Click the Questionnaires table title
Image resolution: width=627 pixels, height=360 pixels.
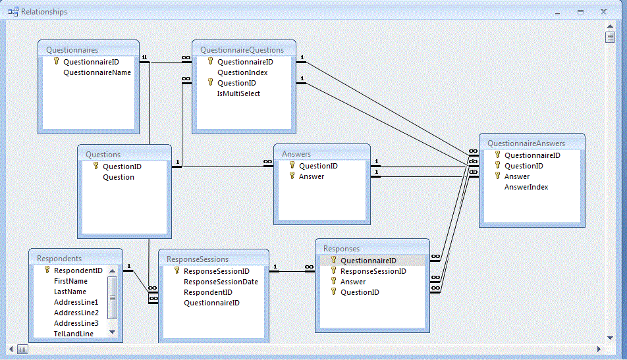point(72,49)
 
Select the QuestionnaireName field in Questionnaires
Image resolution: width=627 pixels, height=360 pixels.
point(97,72)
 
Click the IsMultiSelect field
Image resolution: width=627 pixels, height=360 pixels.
point(238,93)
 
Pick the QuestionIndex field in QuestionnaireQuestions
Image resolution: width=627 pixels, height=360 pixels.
point(242,72)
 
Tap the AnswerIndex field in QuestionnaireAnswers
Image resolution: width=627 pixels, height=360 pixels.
point(526,187)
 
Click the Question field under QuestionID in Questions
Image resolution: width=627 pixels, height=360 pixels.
point(119,177)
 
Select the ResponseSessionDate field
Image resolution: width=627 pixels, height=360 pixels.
point(221,282)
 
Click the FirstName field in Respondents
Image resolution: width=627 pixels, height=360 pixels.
point(70,281)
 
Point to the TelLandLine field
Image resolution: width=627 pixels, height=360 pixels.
point(74,334)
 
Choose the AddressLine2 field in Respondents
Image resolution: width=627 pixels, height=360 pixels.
point(76,313)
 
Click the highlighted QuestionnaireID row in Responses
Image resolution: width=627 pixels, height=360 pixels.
point(368,261)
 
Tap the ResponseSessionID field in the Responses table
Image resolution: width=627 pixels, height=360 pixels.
point(373,271)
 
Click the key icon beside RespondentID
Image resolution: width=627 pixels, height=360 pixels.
point(47,270)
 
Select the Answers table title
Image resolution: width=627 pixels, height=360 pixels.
point(296,154)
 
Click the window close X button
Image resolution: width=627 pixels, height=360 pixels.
point(603,12)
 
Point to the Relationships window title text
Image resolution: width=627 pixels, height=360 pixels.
point(44,12)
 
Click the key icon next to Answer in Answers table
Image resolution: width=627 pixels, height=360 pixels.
point(292,176)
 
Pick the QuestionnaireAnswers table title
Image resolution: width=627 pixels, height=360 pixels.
point(526,143)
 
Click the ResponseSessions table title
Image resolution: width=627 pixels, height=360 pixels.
point(198,259)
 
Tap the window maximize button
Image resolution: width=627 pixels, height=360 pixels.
point(580,12)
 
